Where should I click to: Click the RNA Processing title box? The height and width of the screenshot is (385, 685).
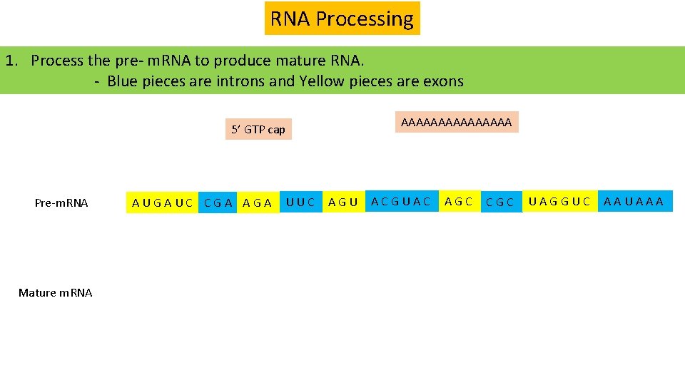coord(342,19)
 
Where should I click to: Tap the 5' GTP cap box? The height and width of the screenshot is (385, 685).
coord(258,129)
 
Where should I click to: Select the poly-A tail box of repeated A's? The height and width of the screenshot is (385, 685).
coord(456,123)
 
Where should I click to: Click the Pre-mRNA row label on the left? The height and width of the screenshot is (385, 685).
coord(61,203)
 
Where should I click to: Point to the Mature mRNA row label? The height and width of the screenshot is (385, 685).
coord(55,293)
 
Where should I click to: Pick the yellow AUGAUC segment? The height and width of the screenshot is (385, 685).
coord(163,202)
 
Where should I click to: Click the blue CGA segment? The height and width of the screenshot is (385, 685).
coord(218,202)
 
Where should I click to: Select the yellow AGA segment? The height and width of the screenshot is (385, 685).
coord(258,202)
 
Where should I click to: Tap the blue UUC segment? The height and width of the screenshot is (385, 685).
coord(300,202)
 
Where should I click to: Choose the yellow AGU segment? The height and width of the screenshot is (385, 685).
coord(343,202)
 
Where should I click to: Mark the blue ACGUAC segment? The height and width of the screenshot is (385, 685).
coord(401,202)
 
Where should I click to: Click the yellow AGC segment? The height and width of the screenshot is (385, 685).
coord(458,202)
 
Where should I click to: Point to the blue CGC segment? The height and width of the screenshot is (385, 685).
coord(499,202)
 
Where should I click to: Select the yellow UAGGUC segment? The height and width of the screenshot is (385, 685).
coord(559,202)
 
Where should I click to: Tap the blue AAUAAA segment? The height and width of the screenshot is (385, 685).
coord(634,202)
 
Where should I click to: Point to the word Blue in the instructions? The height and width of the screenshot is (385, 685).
coord(123,81)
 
